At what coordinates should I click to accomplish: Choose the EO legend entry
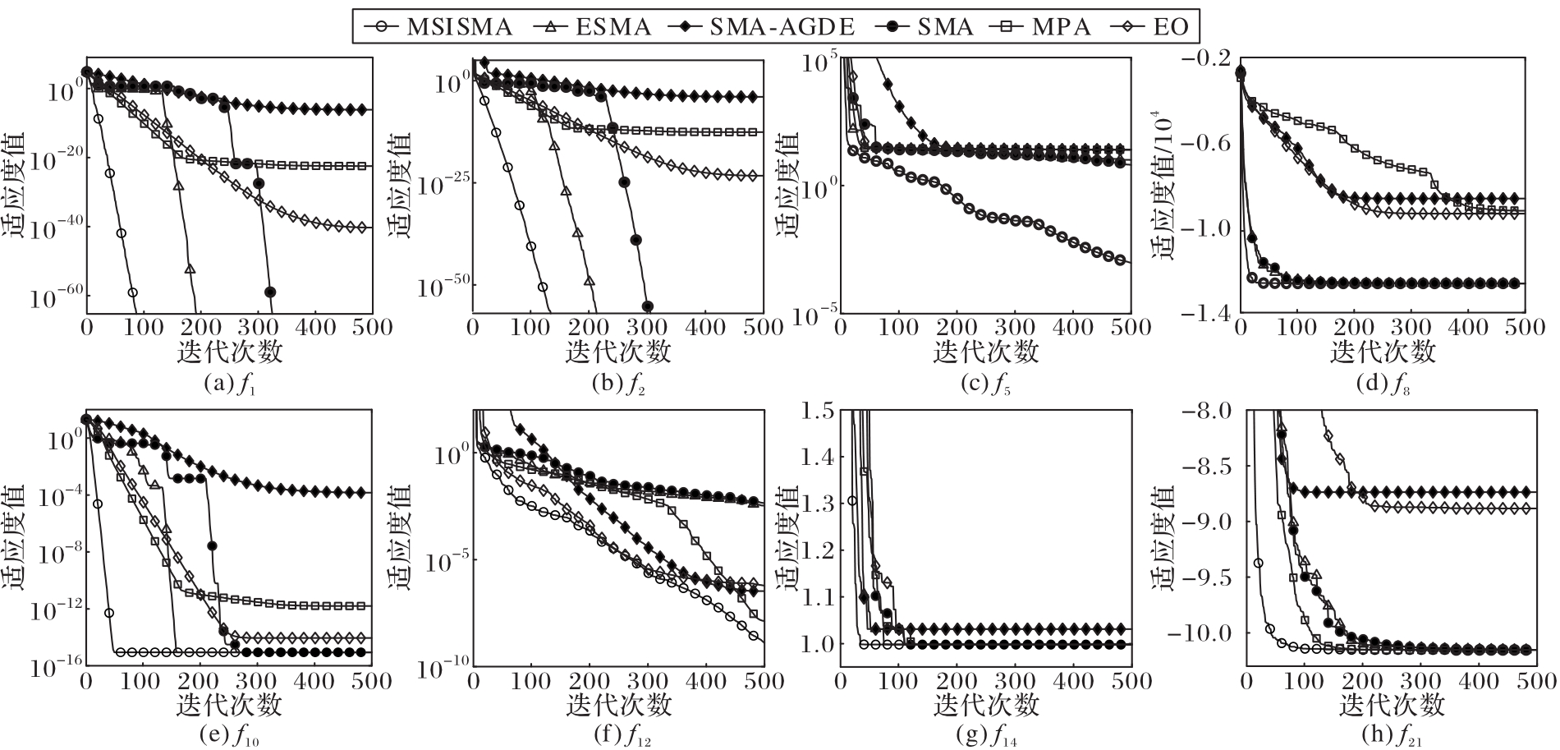click(x=1149, y=26)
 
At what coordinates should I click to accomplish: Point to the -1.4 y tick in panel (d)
click(x=1206, y=313)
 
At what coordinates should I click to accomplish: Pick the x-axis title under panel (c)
click(x=985, y=352)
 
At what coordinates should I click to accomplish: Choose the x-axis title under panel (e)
click(x=228, y=704)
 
